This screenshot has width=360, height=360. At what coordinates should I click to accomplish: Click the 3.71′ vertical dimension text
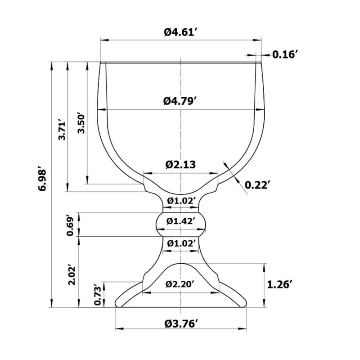[62, 131]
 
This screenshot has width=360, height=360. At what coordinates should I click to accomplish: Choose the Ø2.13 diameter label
[181, 164]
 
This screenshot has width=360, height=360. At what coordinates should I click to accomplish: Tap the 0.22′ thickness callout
[256, 185]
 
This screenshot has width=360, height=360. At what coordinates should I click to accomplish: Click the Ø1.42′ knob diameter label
[181, 221]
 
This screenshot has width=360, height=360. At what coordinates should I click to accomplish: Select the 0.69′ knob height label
[70, 225]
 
